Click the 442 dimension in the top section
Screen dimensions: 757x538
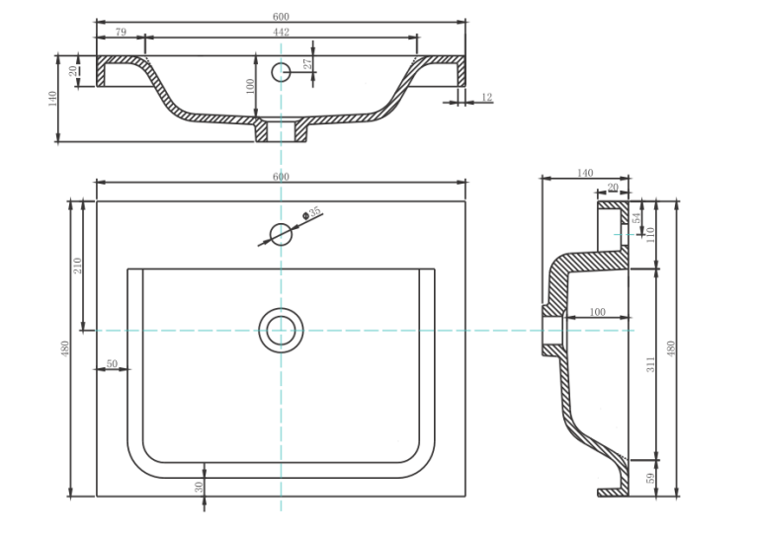pos(281,32)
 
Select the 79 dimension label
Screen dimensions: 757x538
pos(121,32)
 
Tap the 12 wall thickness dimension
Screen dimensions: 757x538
pos(487,97)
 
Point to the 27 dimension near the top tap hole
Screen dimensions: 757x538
pos(307,63)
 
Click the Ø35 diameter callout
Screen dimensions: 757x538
pos(312,213)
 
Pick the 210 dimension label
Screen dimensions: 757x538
pos(77,266)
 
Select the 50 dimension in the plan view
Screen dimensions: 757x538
pos(112,363)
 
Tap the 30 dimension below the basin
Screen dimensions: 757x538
pos(199,488)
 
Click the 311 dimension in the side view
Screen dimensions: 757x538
pos(651,364)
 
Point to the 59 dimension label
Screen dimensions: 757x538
pos(651,478)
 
